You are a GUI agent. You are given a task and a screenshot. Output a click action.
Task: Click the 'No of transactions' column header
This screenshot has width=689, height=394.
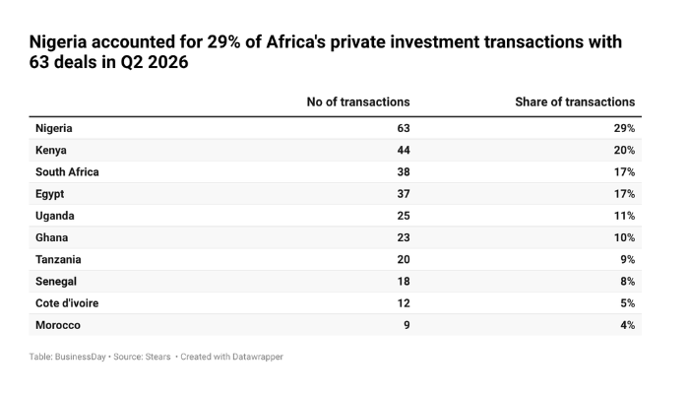358,102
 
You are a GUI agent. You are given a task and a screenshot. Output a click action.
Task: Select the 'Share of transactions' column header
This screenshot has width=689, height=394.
575,102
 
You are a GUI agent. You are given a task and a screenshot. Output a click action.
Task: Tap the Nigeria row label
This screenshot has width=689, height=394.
53,128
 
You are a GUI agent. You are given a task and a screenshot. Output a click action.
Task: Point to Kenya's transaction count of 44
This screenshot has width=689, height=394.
404,151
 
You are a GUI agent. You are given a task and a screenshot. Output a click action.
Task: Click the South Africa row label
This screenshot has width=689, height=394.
67,172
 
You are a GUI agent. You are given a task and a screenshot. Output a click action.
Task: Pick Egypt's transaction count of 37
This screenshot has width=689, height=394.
404,194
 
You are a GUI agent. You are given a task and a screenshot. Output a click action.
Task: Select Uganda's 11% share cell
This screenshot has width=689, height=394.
624,216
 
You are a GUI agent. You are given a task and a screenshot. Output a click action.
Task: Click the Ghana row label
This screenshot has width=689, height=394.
52,238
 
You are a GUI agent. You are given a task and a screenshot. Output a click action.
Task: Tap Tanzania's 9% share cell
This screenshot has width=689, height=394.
628,259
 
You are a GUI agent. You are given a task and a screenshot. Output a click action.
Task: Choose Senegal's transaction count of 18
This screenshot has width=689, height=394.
404,282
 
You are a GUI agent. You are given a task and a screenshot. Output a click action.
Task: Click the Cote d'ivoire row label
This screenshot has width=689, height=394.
67,303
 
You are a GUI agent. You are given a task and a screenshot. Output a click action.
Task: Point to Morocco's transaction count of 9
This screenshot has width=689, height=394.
407,325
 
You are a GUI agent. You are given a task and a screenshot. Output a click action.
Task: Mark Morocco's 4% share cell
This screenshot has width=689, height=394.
628,325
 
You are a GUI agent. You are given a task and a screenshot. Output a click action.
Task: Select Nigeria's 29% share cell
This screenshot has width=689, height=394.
624,128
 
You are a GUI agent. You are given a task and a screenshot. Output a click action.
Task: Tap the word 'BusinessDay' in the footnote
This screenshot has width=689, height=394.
80,357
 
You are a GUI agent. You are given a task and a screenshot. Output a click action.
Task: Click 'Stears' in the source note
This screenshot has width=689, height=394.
157,357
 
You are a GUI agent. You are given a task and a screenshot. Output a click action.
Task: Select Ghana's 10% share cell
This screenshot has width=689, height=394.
624,238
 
